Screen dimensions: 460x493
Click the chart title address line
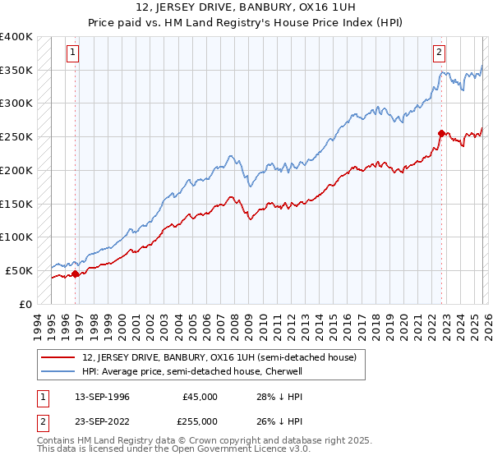click(x=246, y=7)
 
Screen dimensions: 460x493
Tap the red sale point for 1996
click(x=76, y=274)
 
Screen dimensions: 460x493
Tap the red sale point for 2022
click(x=441, y=132)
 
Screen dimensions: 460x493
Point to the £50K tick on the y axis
click(x=20, y=270)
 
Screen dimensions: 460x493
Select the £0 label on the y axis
click(x=26, y=304)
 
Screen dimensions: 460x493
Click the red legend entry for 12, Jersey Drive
click(x=219, y=357)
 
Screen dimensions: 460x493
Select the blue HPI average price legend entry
click(x=193, y=371)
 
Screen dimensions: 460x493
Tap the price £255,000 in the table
click(x=200, y=421)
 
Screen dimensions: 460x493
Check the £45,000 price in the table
click(x=200, y=397)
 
